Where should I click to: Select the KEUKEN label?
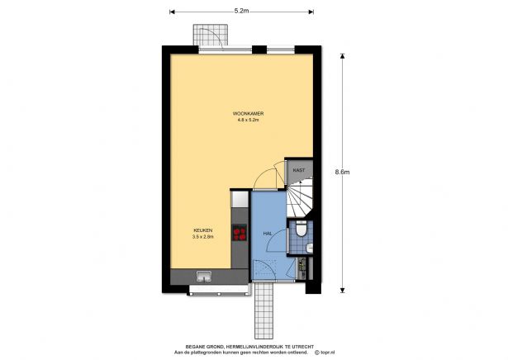(203, 230)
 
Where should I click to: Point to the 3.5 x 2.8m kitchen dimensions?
(203, 238)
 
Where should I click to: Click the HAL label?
(268, 234)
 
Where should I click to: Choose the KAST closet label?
(299, 170)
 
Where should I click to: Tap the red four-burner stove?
(240, 233)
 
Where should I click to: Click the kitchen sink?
(203, 277)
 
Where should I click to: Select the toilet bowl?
(301, 227)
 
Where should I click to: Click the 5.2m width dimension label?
(242, 11)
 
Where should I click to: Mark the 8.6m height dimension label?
(342, 173)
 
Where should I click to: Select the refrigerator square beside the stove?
(240, 200)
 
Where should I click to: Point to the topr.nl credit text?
(325, 353)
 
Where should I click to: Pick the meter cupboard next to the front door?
(302, 267)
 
